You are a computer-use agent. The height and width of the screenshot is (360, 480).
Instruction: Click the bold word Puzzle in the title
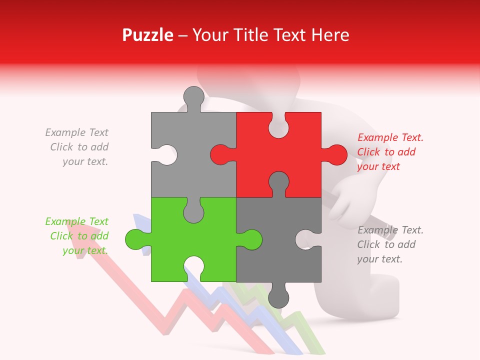point(147,35)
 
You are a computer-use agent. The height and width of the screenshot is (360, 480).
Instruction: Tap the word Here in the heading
point(330,35)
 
